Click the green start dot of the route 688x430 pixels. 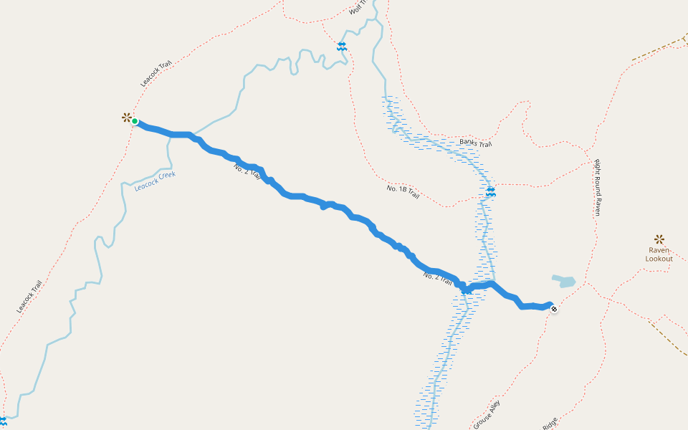(134, 121)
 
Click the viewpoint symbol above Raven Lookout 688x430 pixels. (659, 239)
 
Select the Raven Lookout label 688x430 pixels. (659, 254)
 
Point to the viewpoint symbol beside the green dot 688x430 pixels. (126, 117)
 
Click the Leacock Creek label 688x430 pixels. (154, 181)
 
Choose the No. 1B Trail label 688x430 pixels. (403, 191)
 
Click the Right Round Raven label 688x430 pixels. (596, 187)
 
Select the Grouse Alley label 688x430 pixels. (487, 415)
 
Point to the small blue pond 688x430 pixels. (564, 280)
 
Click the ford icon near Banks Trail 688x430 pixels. (491, 192)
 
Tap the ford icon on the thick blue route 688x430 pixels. (467, 289)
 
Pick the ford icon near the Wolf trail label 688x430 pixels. (342, 47)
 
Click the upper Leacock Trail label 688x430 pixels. (156, 73)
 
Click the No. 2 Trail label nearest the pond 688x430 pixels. (439, 277)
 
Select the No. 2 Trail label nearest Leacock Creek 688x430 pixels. (247, 172)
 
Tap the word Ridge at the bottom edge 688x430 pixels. (550, 424)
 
